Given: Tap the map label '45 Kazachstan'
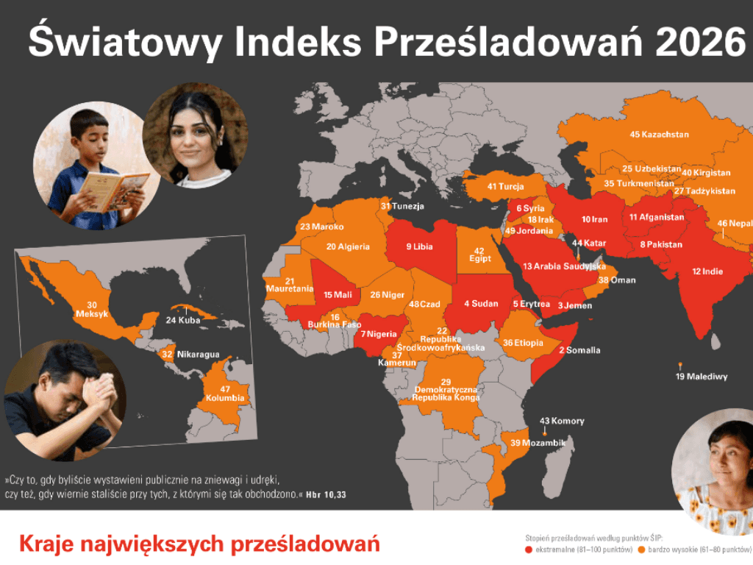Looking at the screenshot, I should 659,135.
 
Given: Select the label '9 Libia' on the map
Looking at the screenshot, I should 419,247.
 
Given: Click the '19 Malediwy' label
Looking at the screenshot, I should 701,377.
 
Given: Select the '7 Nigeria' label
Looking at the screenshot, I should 379,334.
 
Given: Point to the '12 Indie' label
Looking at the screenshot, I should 707,271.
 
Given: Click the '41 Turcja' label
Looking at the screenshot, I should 505,187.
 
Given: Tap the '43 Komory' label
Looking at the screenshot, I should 562,422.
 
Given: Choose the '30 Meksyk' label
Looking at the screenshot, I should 92,310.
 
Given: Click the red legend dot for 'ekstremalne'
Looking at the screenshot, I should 529,550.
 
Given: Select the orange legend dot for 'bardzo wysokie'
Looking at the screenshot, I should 642,550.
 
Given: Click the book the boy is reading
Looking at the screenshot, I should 113,188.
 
